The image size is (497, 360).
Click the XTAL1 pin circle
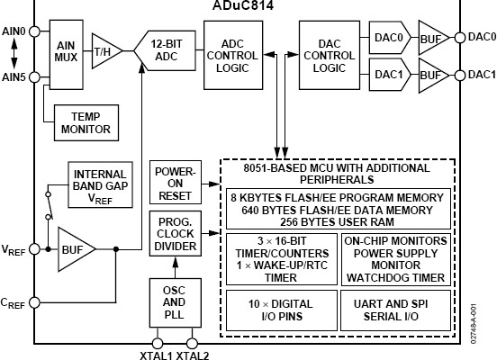(x=158, y=343)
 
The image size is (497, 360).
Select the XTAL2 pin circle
(x=192, y=343)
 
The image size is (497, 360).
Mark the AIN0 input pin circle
(x=34, y=31)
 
